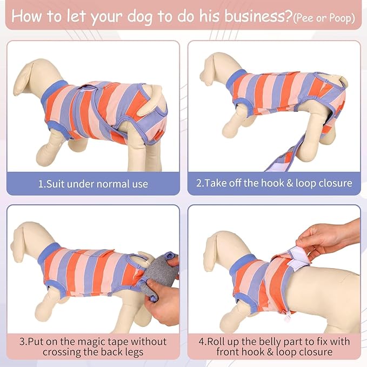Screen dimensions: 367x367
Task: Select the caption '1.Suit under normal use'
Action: pyautogui.click(x=92, y=184)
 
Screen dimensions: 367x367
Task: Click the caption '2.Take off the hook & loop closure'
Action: pyautogui.click(x=274, y=183)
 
